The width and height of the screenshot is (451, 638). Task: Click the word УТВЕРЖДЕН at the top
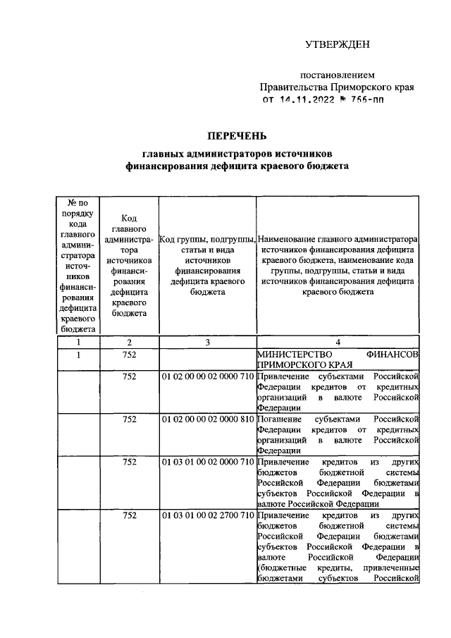tap(337, 46)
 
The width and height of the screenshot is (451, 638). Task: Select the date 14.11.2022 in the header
tap(310, 100)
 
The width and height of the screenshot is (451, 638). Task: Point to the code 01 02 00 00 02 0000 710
tap(207, 377)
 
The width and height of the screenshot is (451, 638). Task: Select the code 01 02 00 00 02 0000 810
tap(207, 419)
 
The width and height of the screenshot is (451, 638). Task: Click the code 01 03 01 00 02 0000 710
tap(207, 461)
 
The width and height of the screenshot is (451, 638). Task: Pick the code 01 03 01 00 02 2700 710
tap(207, 516)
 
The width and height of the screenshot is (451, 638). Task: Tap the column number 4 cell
tap(338, 342)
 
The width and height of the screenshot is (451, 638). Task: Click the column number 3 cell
tap(207, 342)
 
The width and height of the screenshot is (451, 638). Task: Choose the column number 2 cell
tap(129, 342)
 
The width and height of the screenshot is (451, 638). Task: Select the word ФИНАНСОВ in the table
tap(393, 355)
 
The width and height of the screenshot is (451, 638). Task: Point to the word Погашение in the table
tap(280, 419)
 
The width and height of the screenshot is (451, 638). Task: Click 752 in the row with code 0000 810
tap(129, 419)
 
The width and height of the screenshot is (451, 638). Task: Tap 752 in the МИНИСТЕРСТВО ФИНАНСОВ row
tap(129, 355)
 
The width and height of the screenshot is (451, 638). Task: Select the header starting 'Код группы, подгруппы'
tap(207, 265)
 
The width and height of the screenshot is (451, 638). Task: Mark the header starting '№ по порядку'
tap(78, 265)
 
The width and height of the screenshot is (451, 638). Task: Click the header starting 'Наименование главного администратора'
tap(338, 265)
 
